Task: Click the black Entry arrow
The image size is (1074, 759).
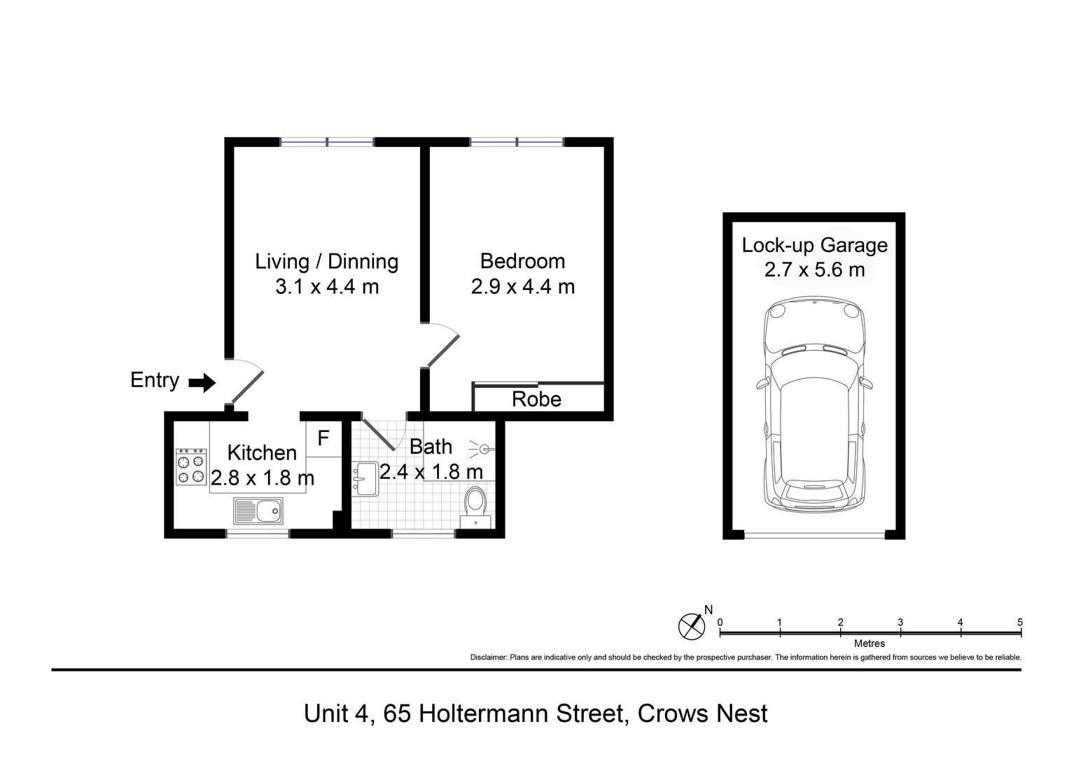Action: click(x=202, y=382)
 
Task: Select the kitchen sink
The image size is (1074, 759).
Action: click(x=258, y=511)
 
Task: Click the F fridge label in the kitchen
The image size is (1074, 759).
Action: click(x=323, y=439)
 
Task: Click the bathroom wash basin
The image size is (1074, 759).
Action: click(x=365, y=479)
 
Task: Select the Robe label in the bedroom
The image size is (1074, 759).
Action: click(x=536, y=399)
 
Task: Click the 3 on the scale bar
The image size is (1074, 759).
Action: click(x=900, y=622)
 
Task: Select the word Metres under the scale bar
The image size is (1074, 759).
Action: click(x=870, y=643)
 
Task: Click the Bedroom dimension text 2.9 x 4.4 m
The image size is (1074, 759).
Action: click(x=522, y=286)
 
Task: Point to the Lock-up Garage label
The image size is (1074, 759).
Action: click(x=814, y=245)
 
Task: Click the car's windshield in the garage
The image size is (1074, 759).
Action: click(x=814, y=368)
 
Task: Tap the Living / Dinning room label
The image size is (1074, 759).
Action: click(x=326, y=261)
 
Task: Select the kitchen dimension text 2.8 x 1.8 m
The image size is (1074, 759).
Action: click(x=263, y=478)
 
